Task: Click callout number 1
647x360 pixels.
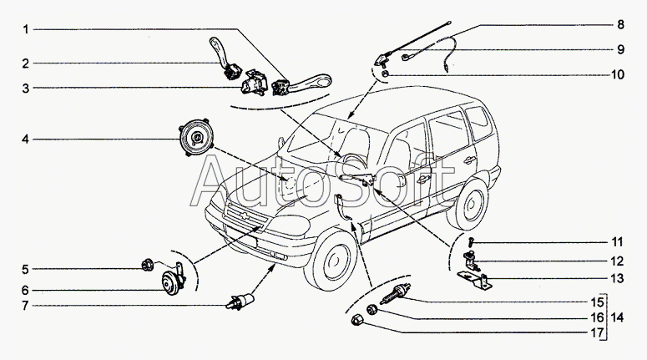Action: point(26,30)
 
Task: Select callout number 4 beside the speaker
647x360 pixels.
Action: point(26,139)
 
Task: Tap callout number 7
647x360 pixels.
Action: point(26,306)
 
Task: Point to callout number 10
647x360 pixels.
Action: point(618,74)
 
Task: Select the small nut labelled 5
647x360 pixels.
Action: point(147,266)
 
